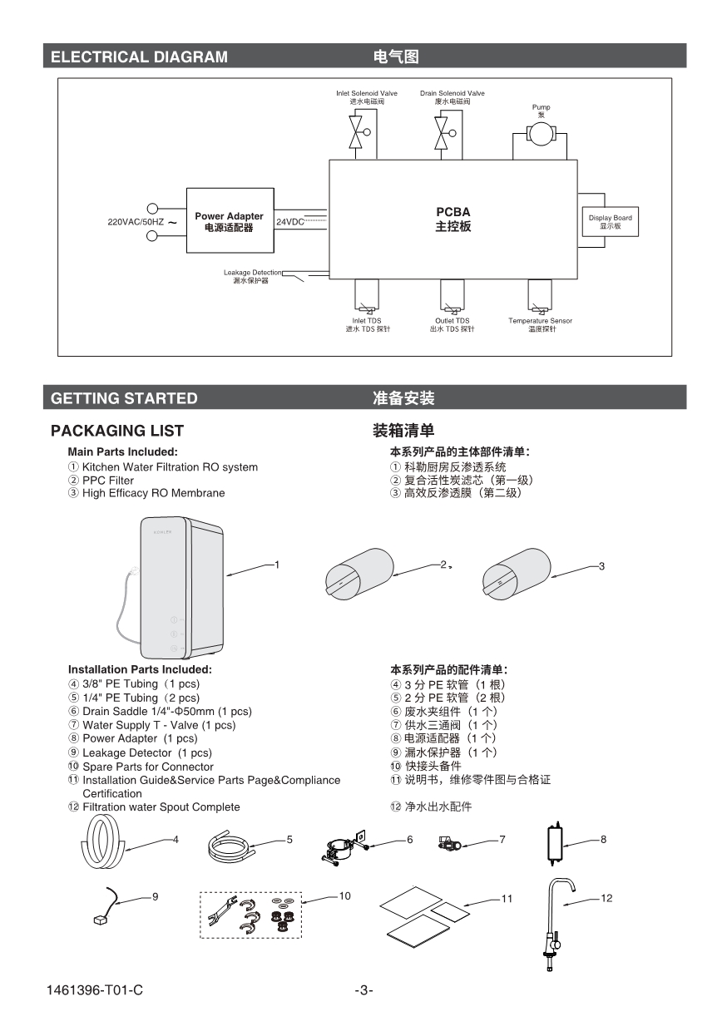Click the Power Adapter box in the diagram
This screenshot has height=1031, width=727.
pos(229,221)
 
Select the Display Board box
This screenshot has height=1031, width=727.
pos(610,222)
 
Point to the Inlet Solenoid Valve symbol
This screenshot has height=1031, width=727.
pos(359,132)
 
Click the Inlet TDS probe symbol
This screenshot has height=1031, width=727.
pos(366,295)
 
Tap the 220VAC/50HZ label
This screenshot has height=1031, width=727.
pos(136,222)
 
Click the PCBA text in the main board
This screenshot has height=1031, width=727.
pos(453,212)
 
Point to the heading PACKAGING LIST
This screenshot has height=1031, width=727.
pos(117,431)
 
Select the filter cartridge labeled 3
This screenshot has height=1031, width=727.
pos(516,575)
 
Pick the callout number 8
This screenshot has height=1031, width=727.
pos(603,840)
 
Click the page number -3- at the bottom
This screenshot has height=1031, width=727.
pos(363,990)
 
